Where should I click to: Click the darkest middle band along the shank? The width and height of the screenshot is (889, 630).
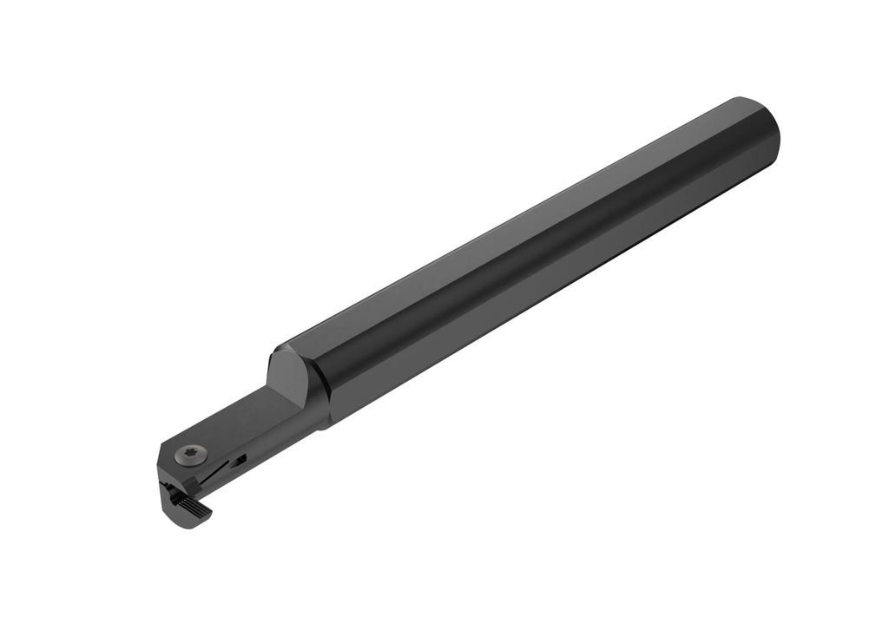pyautogui.click(x=538, y=260)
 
